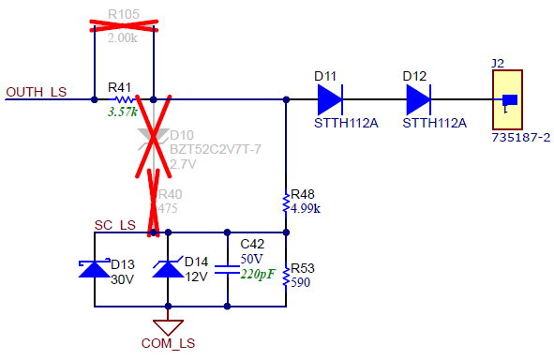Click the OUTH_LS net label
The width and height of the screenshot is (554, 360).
[x=37, y=92]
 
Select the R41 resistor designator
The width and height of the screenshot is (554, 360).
[x=120, y=87]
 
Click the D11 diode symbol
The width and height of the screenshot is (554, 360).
[x=329, y=98]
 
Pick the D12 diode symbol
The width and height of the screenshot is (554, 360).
[x=418, y=98]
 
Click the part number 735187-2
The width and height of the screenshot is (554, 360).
[x=520, y=137]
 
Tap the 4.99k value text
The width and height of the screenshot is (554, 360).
[x=306, y=208]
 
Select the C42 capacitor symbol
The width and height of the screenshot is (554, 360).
[x=227, y=269]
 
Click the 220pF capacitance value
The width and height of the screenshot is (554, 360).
[x=257, y=275]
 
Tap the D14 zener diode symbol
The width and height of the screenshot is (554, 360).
[x=168, y=269]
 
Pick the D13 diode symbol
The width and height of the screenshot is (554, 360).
[x=96, y=269]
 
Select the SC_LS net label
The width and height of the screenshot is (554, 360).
[x=115, y=226]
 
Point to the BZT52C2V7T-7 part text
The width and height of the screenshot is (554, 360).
[x=215, y=150]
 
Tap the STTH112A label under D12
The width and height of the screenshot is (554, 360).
[x=433, y=123]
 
